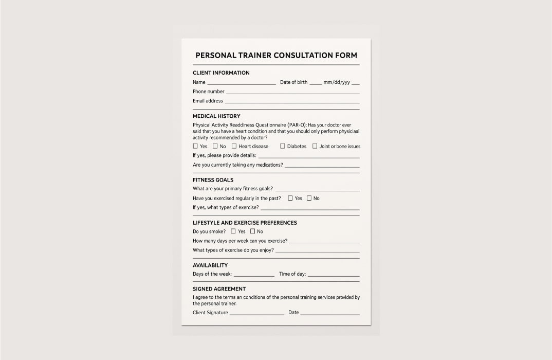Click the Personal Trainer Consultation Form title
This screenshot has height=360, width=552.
pyautogui.click(x=276, y=56)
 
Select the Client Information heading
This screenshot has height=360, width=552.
pyautogui.click(x=221, y=73)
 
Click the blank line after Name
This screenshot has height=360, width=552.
pyautogui.click(x=241, y=83)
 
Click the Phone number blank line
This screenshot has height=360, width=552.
pyautogui.click(x=292, y=93)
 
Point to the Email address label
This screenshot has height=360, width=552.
pyautogui.click(x=208, y=101)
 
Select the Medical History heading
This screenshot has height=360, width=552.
pyautogui.click(x=216, y=116)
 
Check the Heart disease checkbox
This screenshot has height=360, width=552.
pyautogui.click(x=234, y=146)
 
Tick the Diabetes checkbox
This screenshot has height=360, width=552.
pyautogui.click(x=283, y=146)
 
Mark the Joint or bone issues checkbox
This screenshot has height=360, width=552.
pyautogui.click(x=315, y=146)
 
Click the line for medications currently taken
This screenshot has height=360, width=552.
pyautogui.click(x=322, y=167)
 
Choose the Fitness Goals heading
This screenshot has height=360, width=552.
pyautogui.click(x=213, y=180)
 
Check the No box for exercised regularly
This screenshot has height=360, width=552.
pyautogui.click(x=309, y=198)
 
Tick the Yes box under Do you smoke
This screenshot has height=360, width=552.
pyautogui.click(x=233, y=231)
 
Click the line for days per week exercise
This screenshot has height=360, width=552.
pyautogui.click(x=324, y=242)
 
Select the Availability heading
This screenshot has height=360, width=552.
pyautogui.click(x=210, y=265)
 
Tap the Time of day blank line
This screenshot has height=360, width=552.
pyautogui.click(x=333, y=276)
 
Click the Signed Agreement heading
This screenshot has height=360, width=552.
pyautogui.click(x=219, y=289)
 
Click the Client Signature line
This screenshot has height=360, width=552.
pyautogui.click(x=256, y=314)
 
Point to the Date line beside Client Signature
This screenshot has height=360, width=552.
pyautogui.click(x=330, y=314)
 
